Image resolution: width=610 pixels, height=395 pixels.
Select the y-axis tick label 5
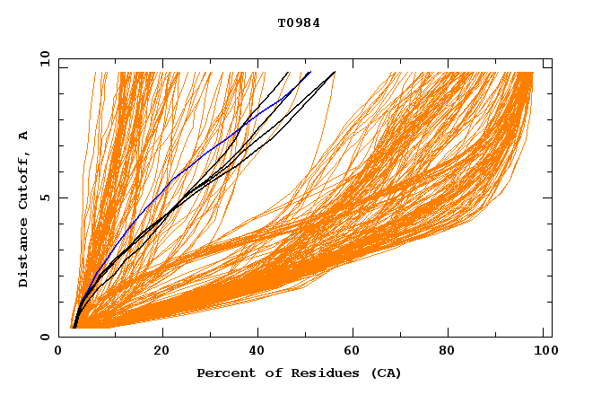coord(43,197)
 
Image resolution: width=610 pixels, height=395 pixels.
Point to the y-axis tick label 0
coord(43,337)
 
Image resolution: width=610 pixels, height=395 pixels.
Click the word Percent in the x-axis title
coord(225,373)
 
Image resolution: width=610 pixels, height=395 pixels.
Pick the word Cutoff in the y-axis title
coord(24,181)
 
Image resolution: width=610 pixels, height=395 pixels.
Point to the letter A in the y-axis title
coord(24,136)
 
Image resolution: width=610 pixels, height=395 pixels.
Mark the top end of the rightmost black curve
coord(335,72)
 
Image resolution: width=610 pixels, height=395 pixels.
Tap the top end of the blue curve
coord(310,72)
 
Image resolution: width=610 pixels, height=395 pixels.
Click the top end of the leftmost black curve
coord(288,72)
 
